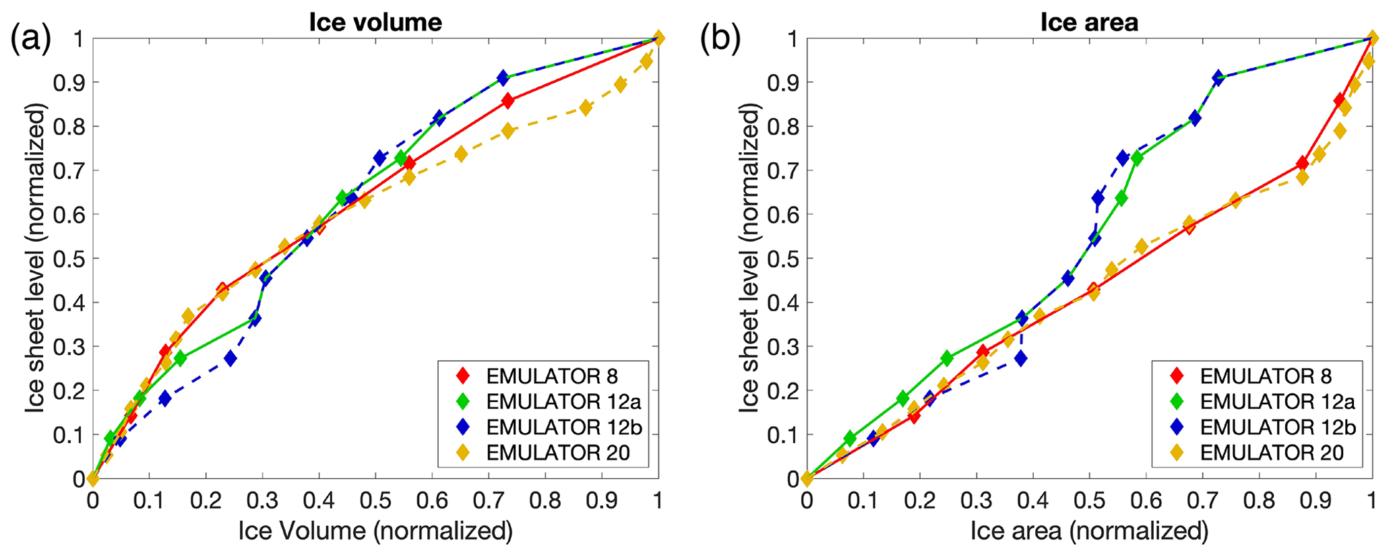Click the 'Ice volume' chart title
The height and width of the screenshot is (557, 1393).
[x=375, y=22]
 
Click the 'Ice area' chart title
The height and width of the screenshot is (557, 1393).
[x=1089, y=22]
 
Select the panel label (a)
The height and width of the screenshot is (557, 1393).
[x=30, y=40]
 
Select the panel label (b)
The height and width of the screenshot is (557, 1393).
[x=720, y=40]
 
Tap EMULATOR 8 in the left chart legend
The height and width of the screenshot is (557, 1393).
[x=552, y=376]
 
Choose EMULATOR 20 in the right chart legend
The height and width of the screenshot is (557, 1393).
[x=1272, y=453]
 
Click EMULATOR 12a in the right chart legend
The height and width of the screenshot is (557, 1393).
[x=1277, y=401]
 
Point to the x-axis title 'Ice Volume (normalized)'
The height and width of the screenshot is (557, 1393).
[x=375, y=531]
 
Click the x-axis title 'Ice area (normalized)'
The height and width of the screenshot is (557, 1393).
[x=1089, y=531]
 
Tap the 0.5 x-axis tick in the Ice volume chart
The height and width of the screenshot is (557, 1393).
[x=375, y=500]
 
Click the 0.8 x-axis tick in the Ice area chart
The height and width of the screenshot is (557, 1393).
[x=1259, y=500]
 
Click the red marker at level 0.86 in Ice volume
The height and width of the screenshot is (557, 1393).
[x=507, y=101]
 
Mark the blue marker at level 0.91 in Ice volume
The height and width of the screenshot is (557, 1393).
[x=503, y=77]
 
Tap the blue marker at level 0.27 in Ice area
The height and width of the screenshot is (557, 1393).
[x=1022, y=358]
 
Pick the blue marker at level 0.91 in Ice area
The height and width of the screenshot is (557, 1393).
[x=1218, y=77]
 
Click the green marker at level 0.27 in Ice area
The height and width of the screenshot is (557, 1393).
[x=947, y=358]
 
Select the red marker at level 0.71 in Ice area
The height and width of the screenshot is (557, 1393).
[x=1302, y=163]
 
